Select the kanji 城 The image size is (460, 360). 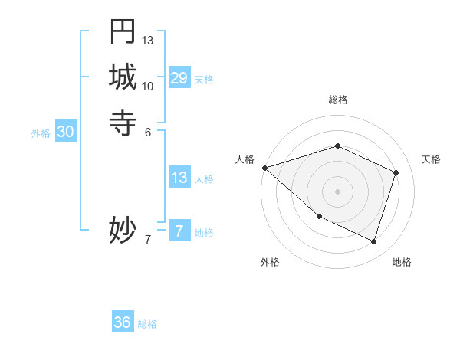pos(123,77)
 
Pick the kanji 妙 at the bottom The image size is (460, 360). pos(123,230)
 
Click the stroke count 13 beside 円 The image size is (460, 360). pos(148,40)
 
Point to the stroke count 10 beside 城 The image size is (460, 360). pos(148,86)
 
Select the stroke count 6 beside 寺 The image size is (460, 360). pos(148,132)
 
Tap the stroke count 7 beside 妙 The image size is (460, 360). pos(148,239)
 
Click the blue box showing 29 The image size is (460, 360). pos(179,77)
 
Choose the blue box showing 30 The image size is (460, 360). pos(66,132)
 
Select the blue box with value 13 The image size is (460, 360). pos(179,178)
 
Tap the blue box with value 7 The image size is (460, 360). pos(179,231)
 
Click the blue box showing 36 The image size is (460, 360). pos(123,322)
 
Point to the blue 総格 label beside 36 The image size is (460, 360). pos(147,324)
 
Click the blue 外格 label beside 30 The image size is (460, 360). pos(41,133)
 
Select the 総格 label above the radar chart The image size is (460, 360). pos(338,100)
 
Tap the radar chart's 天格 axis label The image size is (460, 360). pos(431,159)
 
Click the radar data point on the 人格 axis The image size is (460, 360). pos(264,168)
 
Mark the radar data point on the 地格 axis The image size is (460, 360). pos(374,241)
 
